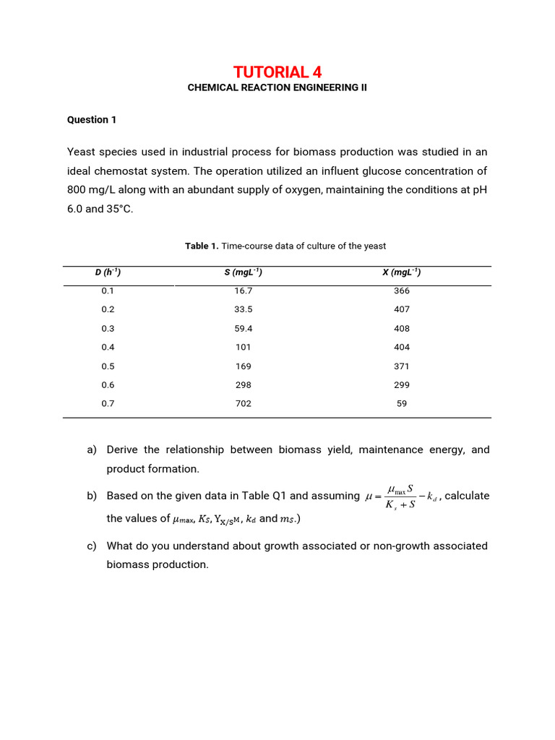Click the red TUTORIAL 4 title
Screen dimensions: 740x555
[277, 72]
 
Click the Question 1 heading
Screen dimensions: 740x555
[92, 120]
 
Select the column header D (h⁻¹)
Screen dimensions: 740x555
[108, 272]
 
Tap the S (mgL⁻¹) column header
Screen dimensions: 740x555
[244, 272]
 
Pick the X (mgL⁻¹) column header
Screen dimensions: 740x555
[402, 272]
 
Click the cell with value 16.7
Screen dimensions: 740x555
[244, 291]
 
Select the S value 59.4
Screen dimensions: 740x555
[244, 328]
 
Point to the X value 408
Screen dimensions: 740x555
[402, 328]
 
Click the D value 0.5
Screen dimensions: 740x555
[108, 366]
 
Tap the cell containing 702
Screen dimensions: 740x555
[244, 403]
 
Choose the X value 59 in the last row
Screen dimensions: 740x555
[402, 403]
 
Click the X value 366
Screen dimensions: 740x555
[402, 291]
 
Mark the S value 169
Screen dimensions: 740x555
[244, 366]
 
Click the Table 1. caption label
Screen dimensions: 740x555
[202, 246]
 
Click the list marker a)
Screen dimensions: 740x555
[92, 449]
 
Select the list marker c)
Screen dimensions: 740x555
[92, 546]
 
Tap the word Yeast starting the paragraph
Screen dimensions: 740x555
[82, 152]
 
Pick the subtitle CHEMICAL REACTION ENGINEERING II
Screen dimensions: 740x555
[277, 87]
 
